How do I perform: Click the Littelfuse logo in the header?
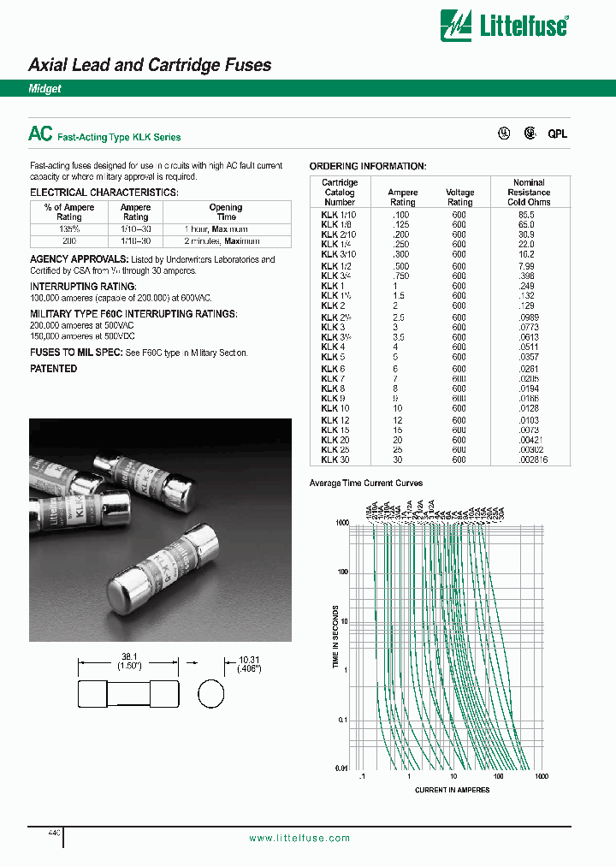coord(504,25)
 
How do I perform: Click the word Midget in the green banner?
coord(44,89)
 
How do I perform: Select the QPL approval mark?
coord(557,133)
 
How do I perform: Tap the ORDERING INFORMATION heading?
coord(367,166)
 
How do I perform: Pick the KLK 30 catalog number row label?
coord(335,460)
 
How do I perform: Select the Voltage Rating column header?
coord(459,198)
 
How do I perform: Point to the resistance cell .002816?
coord(530,460)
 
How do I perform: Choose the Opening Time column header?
coord(225,212)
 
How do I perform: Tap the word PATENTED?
coord(53,369)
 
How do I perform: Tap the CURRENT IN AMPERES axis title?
coord(452,790)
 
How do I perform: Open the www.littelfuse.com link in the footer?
coord(299,838)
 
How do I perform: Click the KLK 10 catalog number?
coord(335,408)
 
